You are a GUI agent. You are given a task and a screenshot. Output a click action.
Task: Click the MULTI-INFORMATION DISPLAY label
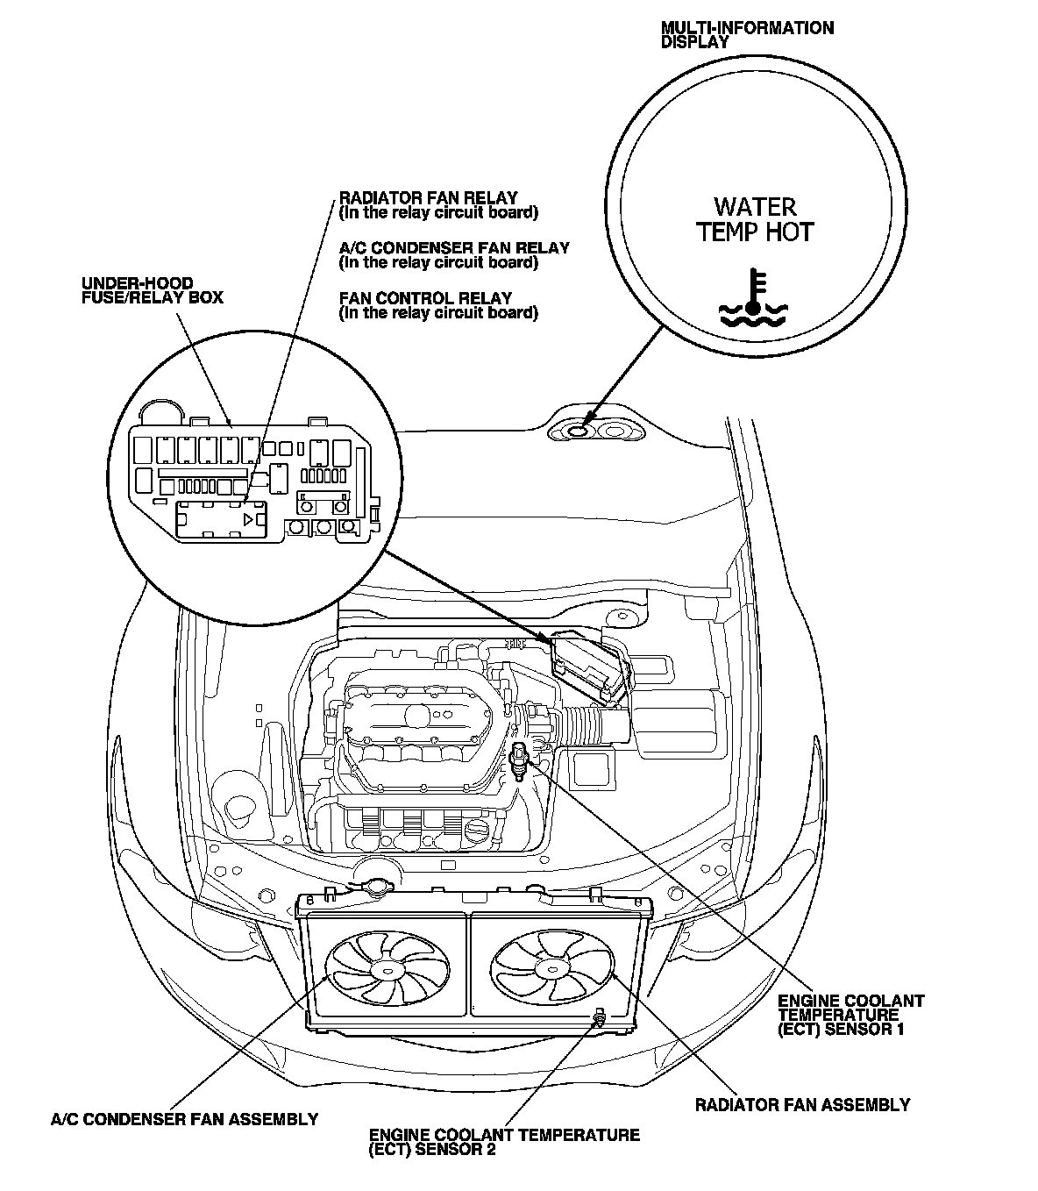coord(747,34)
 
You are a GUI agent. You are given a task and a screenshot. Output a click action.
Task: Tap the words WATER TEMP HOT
coord(755,219)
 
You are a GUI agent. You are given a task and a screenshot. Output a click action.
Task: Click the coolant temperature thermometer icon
coord(753,298)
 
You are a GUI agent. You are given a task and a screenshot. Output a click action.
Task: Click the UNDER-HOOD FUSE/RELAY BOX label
coord(152,290)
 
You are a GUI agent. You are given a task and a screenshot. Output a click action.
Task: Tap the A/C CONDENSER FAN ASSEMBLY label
coord(184,1119)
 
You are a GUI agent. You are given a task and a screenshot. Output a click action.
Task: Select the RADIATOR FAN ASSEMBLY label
coord(802,1104)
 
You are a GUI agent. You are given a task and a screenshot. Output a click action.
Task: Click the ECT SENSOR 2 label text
coord(504,1142)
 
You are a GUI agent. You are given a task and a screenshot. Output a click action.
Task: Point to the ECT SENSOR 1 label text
coord(850,1015)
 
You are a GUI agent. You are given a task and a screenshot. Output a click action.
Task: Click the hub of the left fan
coord(384,967)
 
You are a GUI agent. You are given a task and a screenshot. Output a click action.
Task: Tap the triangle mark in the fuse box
coord(249,520)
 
